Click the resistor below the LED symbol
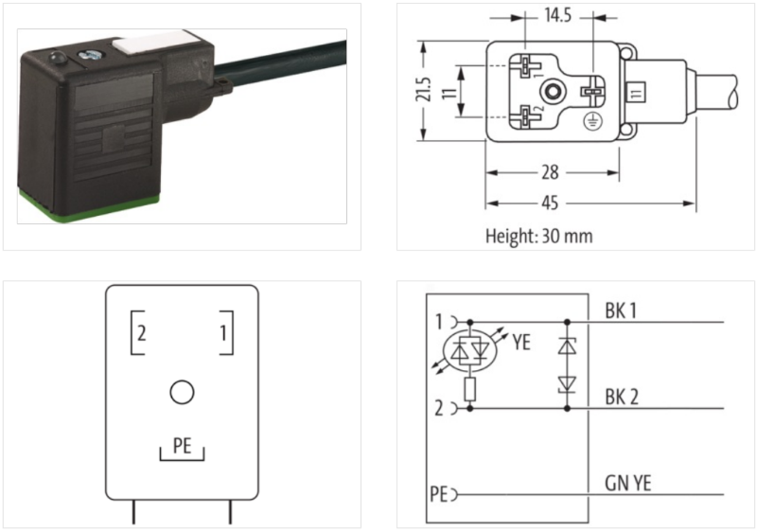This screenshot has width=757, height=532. coord(470,390)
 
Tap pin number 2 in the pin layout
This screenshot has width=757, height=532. coord(141,332)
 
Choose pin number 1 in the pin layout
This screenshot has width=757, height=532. coord(221,332)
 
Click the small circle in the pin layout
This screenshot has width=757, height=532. coord(181,391)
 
